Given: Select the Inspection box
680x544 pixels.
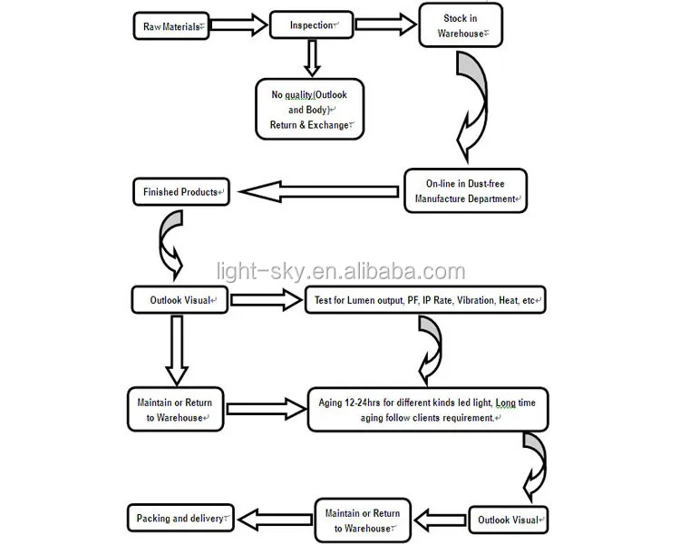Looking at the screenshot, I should [311, 25].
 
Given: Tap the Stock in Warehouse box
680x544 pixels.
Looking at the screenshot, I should [460, 26].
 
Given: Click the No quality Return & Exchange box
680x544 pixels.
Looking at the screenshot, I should [310, 109].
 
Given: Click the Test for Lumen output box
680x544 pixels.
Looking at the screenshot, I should [423, 300].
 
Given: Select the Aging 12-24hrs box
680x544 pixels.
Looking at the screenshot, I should [431, 409].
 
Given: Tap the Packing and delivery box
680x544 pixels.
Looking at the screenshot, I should [180, 519].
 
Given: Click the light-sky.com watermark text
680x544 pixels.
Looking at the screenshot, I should [341, 271].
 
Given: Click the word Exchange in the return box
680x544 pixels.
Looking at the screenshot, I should [328, 125].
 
